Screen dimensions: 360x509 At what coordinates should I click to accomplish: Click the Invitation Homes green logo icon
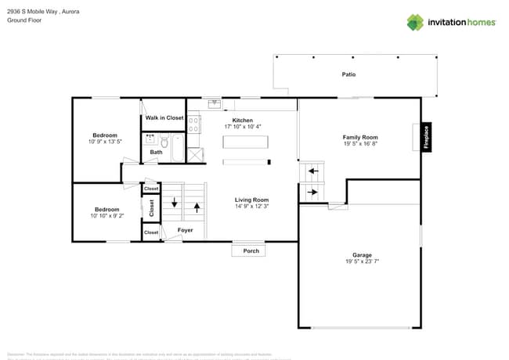click(x=415, y=22)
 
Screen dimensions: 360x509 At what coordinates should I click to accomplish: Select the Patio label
click(x=348, y=74)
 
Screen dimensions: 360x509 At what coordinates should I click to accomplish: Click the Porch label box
click(x=251, y=251)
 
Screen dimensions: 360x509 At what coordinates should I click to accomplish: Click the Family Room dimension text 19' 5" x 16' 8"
click(x=360, y=144)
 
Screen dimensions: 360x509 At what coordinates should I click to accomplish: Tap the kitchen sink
click(x=213, y=103)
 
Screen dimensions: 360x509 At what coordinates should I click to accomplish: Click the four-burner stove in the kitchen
click(x=194, y=123)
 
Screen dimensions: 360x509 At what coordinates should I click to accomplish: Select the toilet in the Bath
click(x=164, y=142)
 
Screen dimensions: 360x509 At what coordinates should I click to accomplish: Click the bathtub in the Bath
click(x=178, y=148)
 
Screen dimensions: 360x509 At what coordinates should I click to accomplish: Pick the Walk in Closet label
click(x=164, y=118)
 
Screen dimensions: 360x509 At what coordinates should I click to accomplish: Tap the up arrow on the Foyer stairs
click(x=196, y=207)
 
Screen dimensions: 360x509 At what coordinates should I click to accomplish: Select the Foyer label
click(x=185, y=230)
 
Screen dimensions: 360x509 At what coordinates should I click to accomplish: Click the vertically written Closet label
click(x=152, y=208)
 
